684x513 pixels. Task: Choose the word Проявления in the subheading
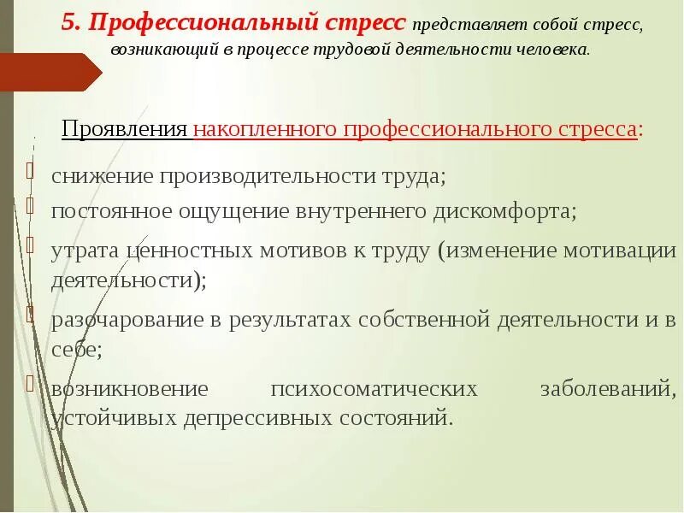(x=125, y=130)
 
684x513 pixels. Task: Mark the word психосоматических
(x=374, y=389)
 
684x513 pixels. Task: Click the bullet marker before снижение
(x=31, y=170)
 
